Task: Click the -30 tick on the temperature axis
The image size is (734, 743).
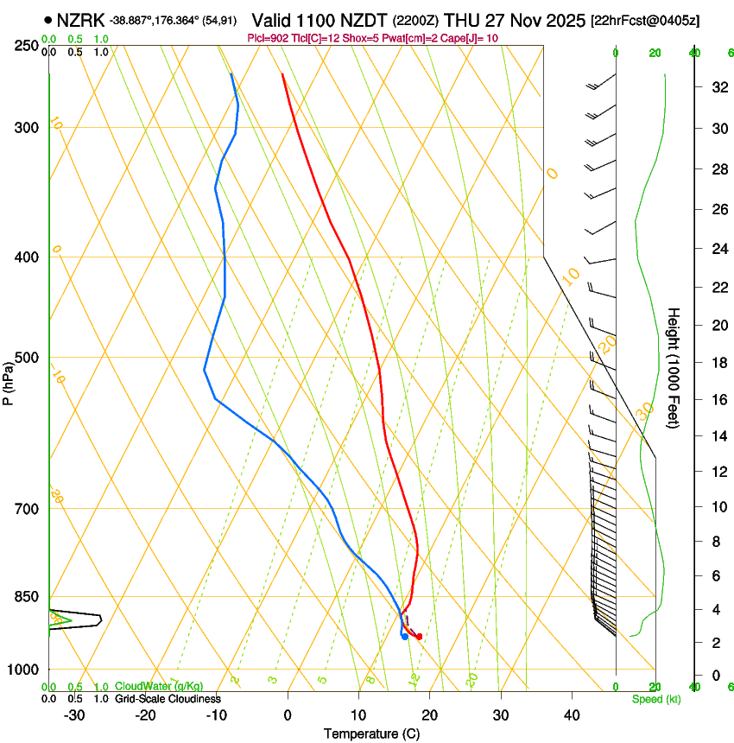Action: tap(74, 714)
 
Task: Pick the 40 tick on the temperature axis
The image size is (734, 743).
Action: tap(572, 714)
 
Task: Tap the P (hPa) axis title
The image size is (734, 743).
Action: tap(8, 379)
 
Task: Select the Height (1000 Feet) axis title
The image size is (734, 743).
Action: tap(674, 367)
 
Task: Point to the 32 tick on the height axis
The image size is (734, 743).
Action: tap(717, 86)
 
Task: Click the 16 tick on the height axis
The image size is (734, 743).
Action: tap(717, 400)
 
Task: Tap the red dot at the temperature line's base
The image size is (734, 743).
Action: tap(420, 637)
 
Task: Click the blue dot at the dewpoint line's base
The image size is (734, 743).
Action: tap(404, 637)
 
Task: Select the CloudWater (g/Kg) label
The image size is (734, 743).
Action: tap(147, 686)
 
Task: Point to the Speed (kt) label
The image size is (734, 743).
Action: tap(655, 698)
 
